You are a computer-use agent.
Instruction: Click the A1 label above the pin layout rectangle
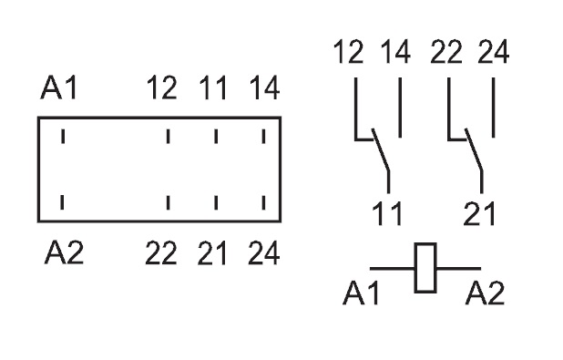click(x=59, y=87)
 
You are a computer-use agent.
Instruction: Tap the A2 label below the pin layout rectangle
click(x=64, y=252)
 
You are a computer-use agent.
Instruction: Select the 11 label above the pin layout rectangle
click(x=213, y=87)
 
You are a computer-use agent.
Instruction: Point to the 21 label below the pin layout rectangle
click(x=212, y=253)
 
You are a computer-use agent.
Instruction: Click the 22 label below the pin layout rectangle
click(x=161, y=253)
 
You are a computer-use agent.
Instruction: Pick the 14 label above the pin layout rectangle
click(x=264, y=87)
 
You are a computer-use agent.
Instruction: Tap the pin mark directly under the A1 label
click(x=63, y=137)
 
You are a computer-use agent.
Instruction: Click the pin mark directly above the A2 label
click(x=62, y=202)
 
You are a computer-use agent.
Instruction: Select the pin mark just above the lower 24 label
click(x=264, y=202)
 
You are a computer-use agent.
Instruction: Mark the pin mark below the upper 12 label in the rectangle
click(x=168, y=137)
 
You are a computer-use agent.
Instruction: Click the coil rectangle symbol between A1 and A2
click(x=425, y=268)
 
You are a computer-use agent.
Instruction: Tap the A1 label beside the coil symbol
click(x=361, y=293)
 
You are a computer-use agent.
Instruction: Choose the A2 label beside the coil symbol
click(x=485, y=293)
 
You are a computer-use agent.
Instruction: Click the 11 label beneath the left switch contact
click(x=387, y=213)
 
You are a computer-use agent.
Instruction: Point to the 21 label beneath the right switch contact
click(x=479, y=213)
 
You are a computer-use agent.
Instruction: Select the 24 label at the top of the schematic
click(x=494, y=52)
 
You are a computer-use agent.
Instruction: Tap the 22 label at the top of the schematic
click(x=446, y=52)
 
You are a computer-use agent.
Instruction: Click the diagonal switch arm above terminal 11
click(x=381, y=149)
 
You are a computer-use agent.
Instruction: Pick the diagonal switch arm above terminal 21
click(x=474, y=149)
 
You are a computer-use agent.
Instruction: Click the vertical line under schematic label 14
click(x=400, y=108)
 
